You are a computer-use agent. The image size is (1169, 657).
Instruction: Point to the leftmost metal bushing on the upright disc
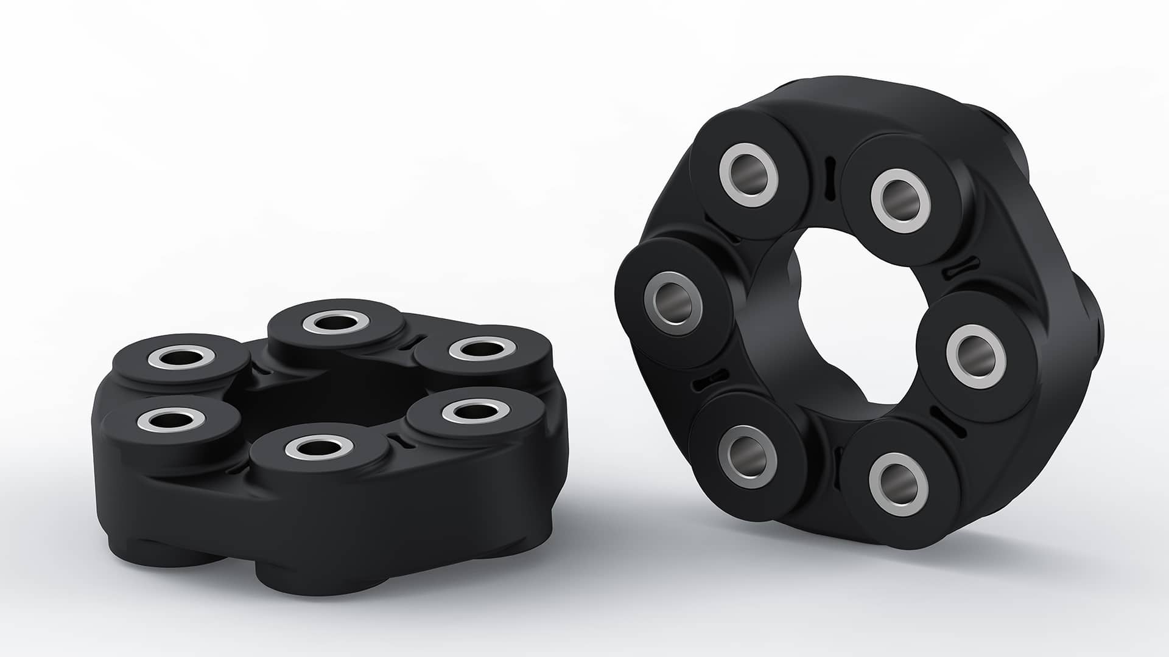[x=672, y=298]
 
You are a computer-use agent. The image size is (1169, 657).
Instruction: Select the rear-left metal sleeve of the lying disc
[x=181, y=358]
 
